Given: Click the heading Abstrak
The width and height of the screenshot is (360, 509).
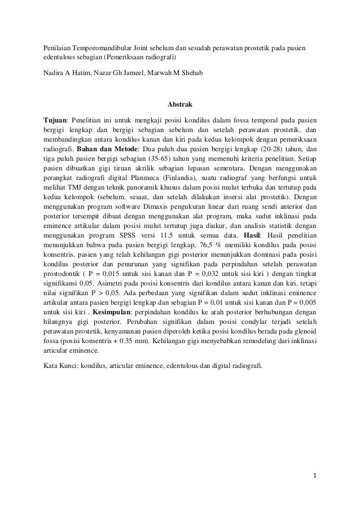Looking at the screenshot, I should tap(180, 104).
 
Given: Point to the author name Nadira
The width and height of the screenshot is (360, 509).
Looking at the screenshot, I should tap(55, 74).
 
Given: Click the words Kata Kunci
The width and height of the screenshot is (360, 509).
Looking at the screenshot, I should tap(60, 365).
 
